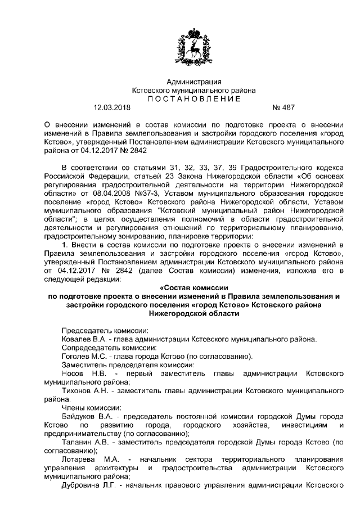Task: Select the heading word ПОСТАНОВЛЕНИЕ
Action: pyautogui.click(x=193, y=98)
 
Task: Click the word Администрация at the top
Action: pyautogui.click(x=193, y=82)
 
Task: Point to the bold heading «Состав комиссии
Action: pyautogui.click(x=193, y=288)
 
